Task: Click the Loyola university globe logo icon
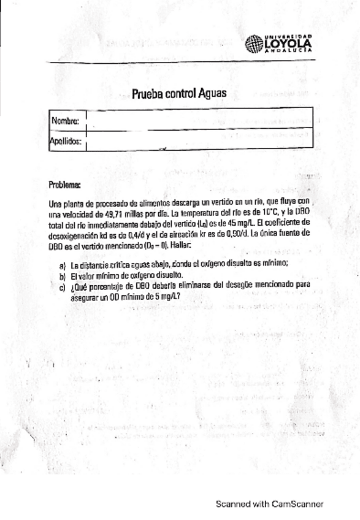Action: coord(254,44)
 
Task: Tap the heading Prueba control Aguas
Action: coord(179,94)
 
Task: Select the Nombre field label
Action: coord(65,121)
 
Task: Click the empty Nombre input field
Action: coord(199,120)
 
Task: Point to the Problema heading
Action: coord(64,184)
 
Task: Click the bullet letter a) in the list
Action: coord(62,266)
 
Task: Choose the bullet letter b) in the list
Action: coord(62,275)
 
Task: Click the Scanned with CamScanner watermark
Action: coord(269,504)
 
